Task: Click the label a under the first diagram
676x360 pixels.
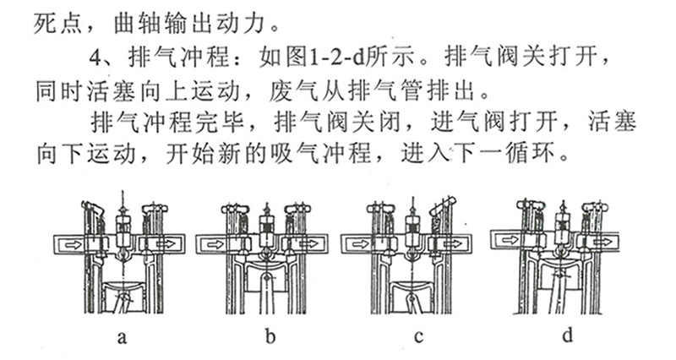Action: pos(122,338)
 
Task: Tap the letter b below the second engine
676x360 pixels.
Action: pos(270,338)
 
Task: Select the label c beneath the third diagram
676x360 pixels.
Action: pos(417,338)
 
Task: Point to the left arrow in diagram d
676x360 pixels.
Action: pos(509,239)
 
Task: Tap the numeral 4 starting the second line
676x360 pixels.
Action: pos(95,61)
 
